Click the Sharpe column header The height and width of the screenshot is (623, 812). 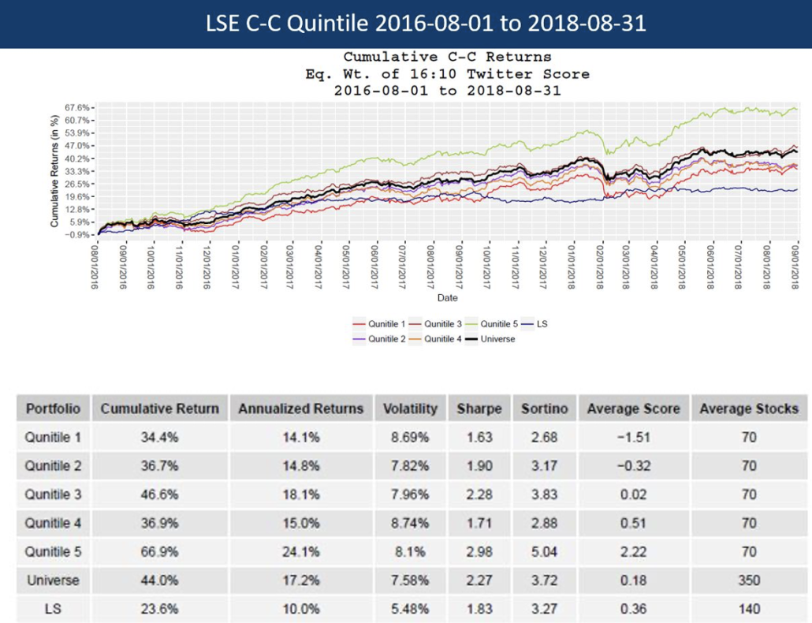(x=479, y=408)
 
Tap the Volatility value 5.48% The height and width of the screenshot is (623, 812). (x=410, y=609)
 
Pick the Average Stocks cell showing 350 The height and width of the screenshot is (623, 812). (x=749, y=580)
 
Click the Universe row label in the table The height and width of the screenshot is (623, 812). (x=53, y=580)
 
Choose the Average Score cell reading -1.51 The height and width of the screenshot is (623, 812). (x=634, y=437)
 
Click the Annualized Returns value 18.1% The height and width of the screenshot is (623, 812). (x=300, y=494)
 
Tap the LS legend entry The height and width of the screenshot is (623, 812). (x=542, y=324)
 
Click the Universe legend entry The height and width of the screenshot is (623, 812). (x=496, y=339)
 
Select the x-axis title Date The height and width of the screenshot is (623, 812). (x=446, y=298)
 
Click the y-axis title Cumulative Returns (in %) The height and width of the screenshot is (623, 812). (x=55, y=170)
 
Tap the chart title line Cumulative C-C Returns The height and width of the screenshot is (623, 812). (x=447, y=57)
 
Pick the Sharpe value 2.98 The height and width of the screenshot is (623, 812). (x=479, y=551)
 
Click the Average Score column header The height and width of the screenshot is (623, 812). (x=634, y=408)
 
